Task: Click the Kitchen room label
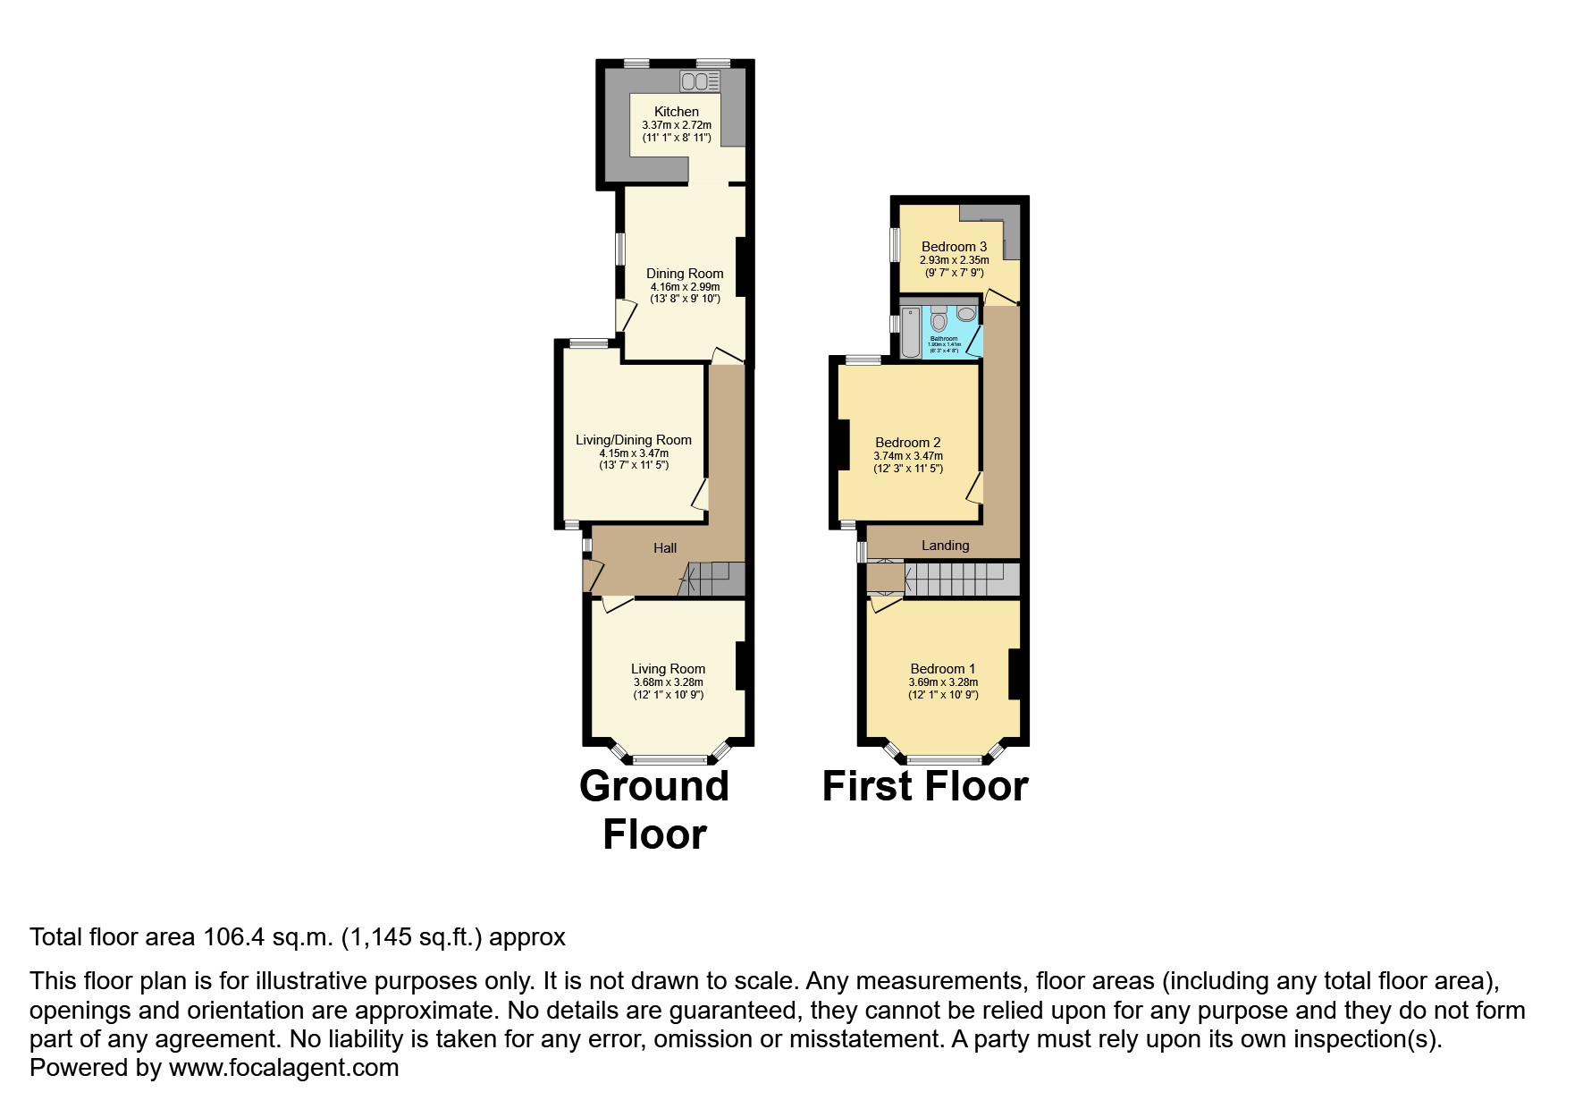click(x=676, y=112)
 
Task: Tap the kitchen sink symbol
click(x=700, y=81)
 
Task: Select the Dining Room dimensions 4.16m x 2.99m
click(x=685, y=287)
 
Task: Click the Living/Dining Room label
click(x=633, y=440)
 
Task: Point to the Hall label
click(x=664, y=548)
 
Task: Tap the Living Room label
click(x=668, y=669)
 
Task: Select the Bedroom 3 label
click(x=954, y=247)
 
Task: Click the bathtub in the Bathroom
click(x=910, y=332)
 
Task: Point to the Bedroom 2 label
click(x=907, y=443)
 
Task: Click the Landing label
click(x=945, y=546)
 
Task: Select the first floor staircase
click(x=961, y=579)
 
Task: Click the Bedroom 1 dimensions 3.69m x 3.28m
click(x=943, y=682)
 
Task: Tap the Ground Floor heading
click(x=654, y=809)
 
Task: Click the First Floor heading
click(x=924, y=786)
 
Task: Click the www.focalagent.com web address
click(x=283, y=1068)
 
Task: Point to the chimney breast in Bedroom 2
click(x=842, y=444)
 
